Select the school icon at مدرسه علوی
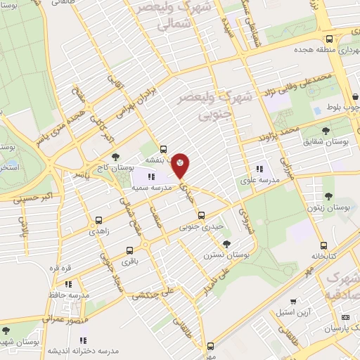[259, 169]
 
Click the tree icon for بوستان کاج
[115, 156]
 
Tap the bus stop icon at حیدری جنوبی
[201, 215]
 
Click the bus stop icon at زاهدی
[98, 219]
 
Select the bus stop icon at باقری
[129, 250]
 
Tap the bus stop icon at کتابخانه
[323, 246]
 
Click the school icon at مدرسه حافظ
[68, 284]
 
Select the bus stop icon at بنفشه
[163, 149]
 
